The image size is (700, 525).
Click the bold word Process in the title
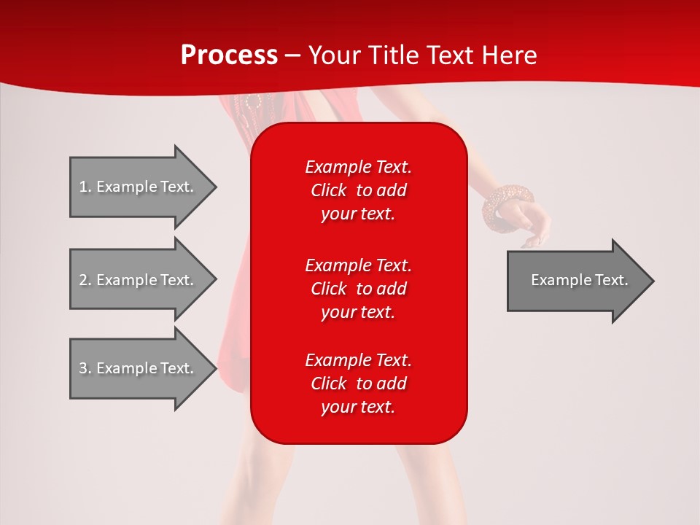click(x=229, y=55)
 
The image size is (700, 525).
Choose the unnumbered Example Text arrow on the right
click(x=579, y=280)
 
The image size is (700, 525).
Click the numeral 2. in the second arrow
click(x=85, y=280)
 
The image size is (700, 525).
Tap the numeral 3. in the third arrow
click(x=85, y=368)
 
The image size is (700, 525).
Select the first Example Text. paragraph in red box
click(x=358, y=190)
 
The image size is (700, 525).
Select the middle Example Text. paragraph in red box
click(x=358, y=288)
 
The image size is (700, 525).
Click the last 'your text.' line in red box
click(x=358, y=407)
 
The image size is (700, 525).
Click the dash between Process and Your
click(x=292, y=55)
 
